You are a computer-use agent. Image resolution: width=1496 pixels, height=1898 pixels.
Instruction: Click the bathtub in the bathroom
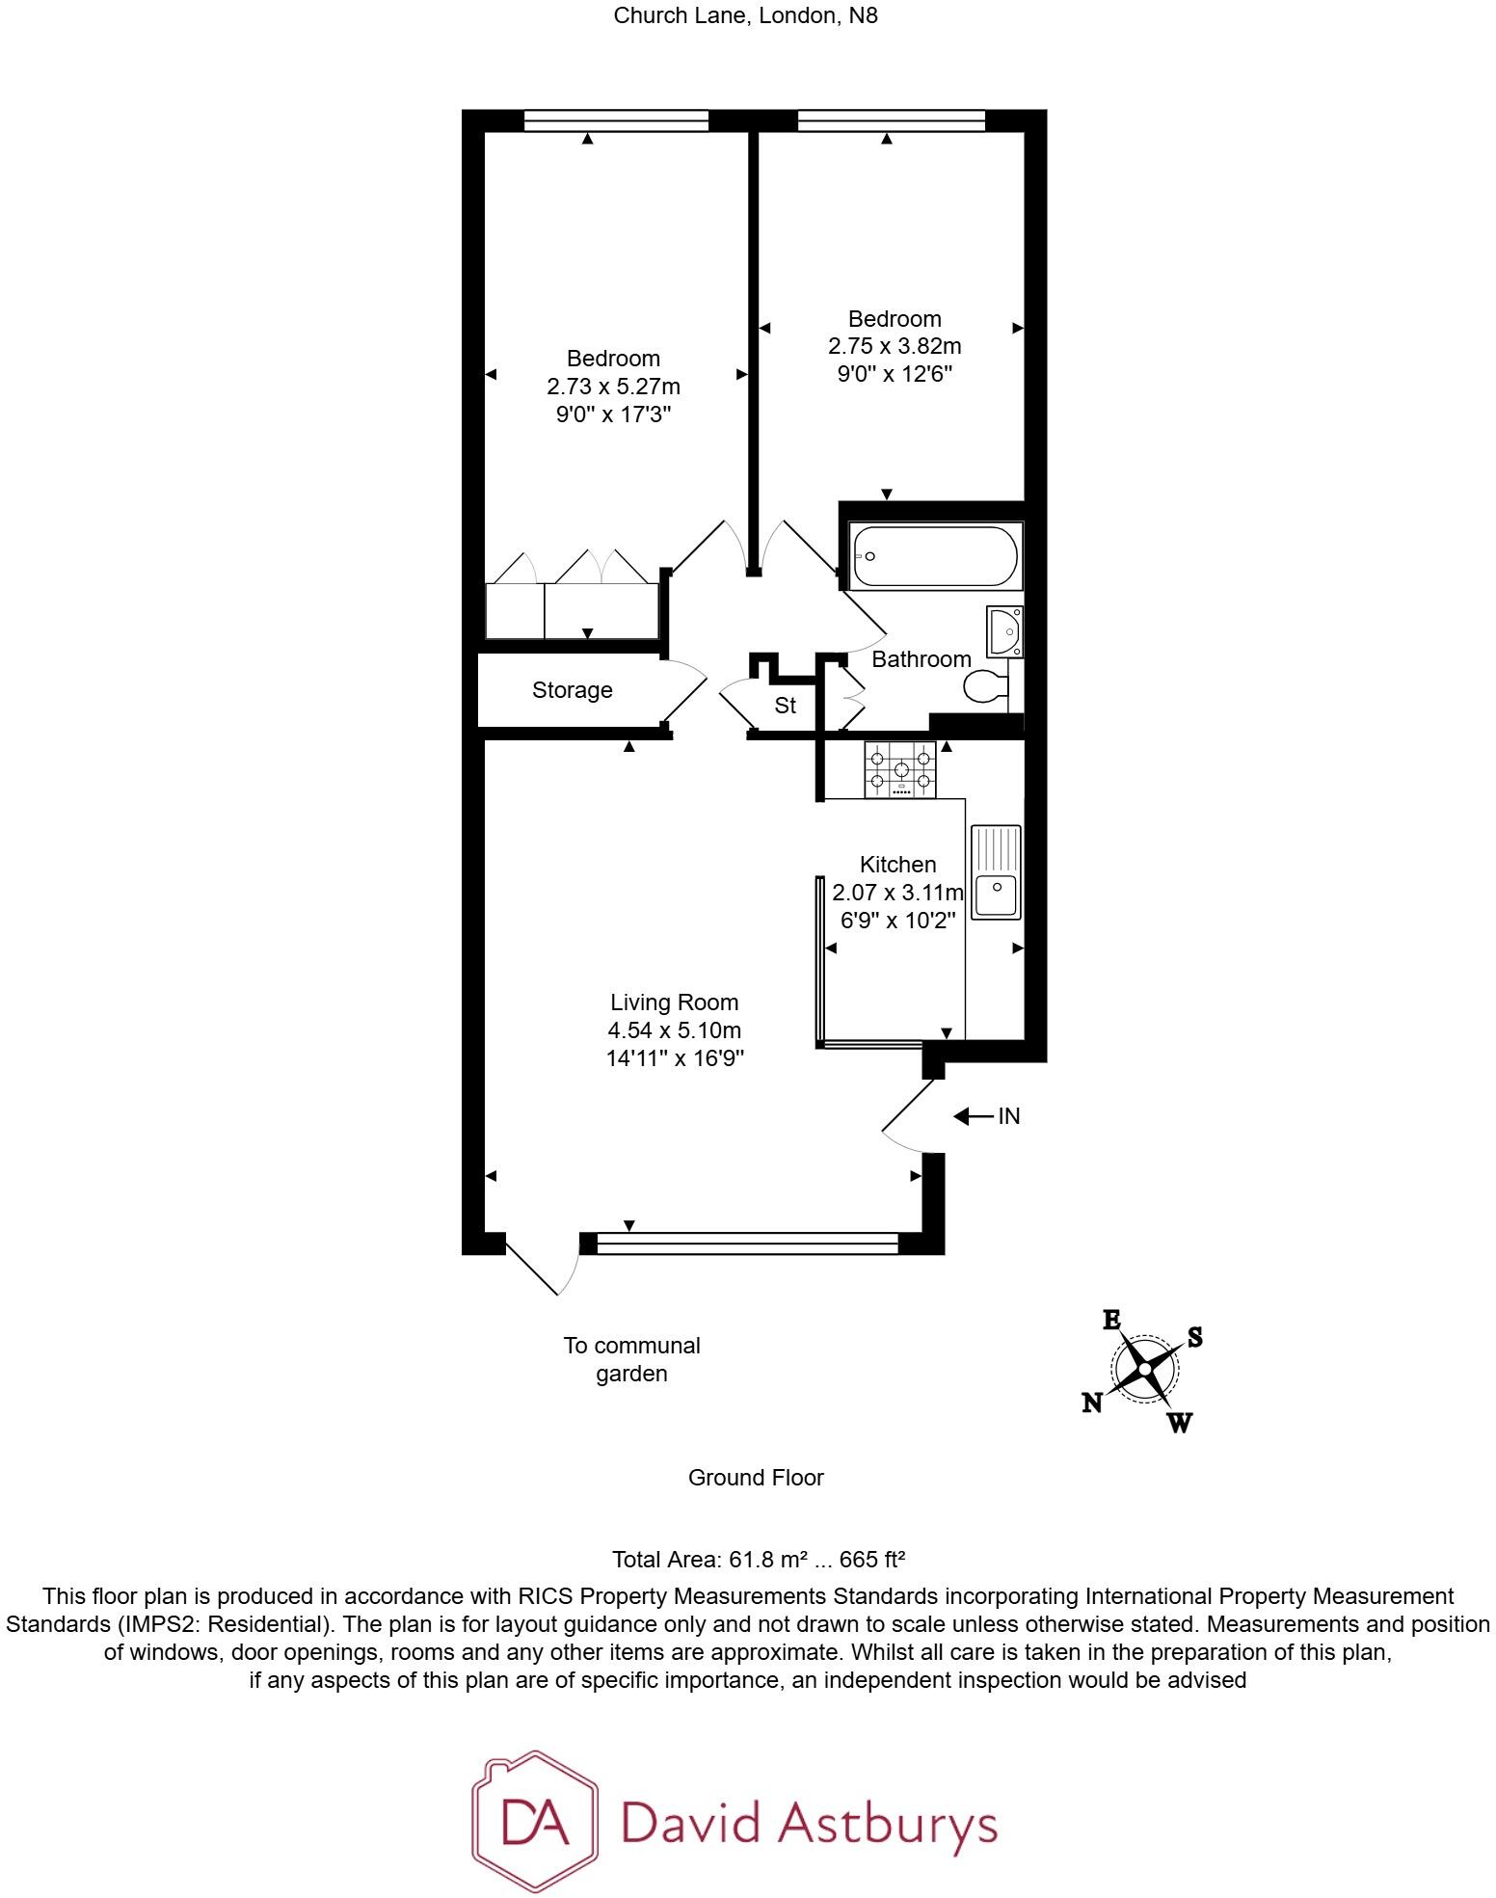933,556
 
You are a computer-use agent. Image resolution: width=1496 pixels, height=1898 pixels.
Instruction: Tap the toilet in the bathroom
985,686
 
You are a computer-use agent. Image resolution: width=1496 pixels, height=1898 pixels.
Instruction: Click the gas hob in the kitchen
900,769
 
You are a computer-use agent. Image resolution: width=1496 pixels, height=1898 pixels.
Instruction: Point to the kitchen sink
996,871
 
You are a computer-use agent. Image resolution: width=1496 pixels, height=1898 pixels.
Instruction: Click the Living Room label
674,1002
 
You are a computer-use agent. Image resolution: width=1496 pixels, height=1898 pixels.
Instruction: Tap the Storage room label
572,690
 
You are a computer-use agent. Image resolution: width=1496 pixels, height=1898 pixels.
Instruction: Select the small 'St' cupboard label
786,706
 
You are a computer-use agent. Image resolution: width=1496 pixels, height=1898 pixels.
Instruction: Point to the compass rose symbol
1144,1368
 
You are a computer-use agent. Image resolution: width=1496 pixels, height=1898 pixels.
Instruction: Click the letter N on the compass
1091,1403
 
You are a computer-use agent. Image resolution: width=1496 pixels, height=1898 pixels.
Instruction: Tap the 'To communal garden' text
631,1358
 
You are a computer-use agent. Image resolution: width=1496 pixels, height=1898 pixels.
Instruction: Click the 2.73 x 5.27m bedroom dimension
613,387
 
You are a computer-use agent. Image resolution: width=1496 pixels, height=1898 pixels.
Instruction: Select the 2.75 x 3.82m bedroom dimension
895,346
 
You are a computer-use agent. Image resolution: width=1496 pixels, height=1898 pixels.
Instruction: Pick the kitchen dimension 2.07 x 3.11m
897,893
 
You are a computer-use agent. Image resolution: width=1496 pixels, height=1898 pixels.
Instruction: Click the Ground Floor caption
756,1478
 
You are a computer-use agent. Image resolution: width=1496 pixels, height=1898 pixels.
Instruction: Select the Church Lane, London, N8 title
746,16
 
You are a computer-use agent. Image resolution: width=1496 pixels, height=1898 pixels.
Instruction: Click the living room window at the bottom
747,1243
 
